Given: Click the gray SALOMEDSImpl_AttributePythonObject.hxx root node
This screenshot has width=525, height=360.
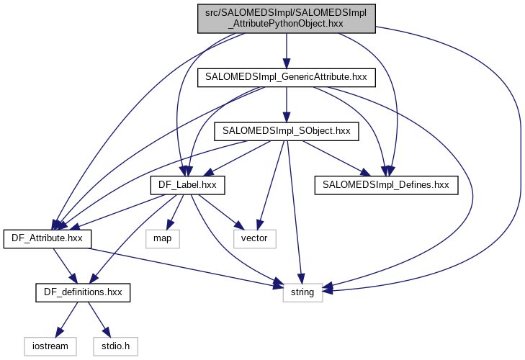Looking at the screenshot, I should click(286, 17).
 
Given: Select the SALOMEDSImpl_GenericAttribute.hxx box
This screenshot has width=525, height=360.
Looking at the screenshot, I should click(286, 76).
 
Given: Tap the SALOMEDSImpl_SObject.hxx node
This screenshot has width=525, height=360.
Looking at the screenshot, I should click(286, 131).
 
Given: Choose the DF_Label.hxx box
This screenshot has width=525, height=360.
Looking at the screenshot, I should click(187, 185).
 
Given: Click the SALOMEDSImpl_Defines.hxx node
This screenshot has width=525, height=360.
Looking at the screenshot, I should click(386, 185).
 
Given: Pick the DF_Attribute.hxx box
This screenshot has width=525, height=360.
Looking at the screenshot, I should click(48, 238).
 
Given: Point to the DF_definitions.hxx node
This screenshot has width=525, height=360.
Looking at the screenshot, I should click(83, 292).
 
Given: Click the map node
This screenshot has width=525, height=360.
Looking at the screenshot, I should click(162, 238).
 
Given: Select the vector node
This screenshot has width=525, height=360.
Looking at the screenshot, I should click(255, 238).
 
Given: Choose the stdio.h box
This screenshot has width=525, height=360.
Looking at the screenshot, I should click(114, 346).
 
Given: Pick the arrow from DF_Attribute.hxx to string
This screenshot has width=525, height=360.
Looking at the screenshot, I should click(180, 266).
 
